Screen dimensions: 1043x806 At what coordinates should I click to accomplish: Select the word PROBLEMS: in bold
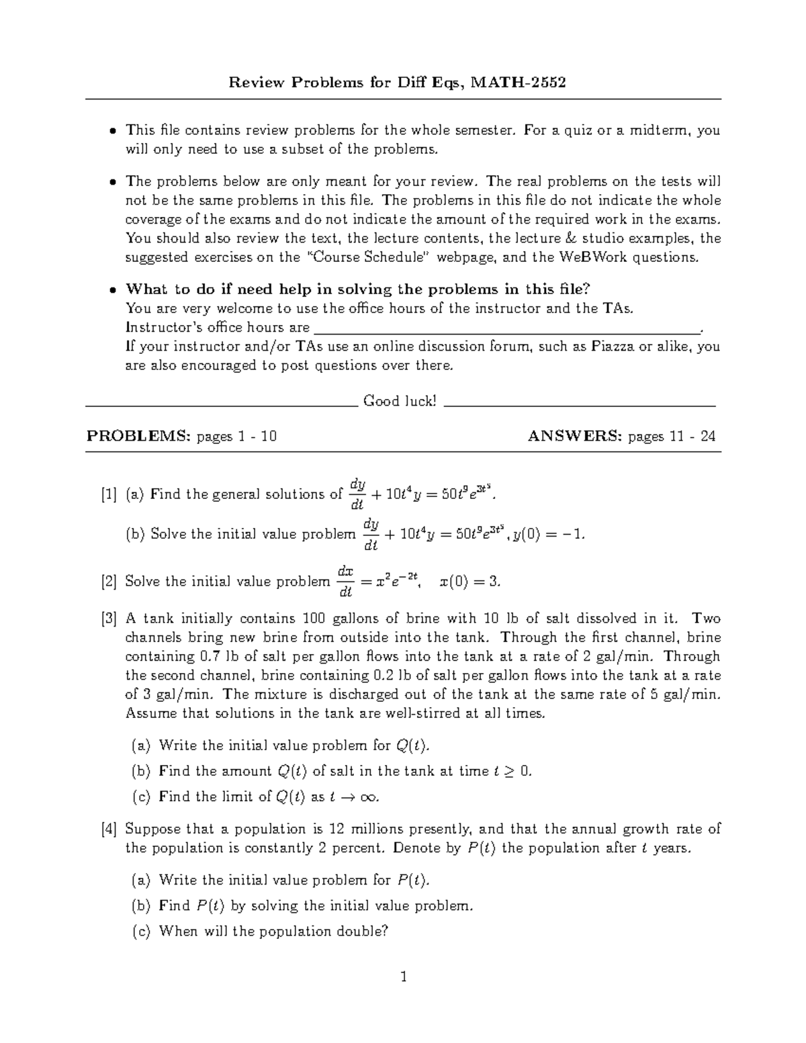(138, 437)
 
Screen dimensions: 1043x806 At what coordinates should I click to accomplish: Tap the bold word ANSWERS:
(575, 437)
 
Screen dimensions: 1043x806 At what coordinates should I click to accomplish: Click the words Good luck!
(400, 401)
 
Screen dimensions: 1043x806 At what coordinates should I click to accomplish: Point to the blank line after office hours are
(507, 328)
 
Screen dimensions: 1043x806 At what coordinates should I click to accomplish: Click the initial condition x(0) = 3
(469, 582)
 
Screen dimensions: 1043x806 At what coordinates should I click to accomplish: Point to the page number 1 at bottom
(403, 977)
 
